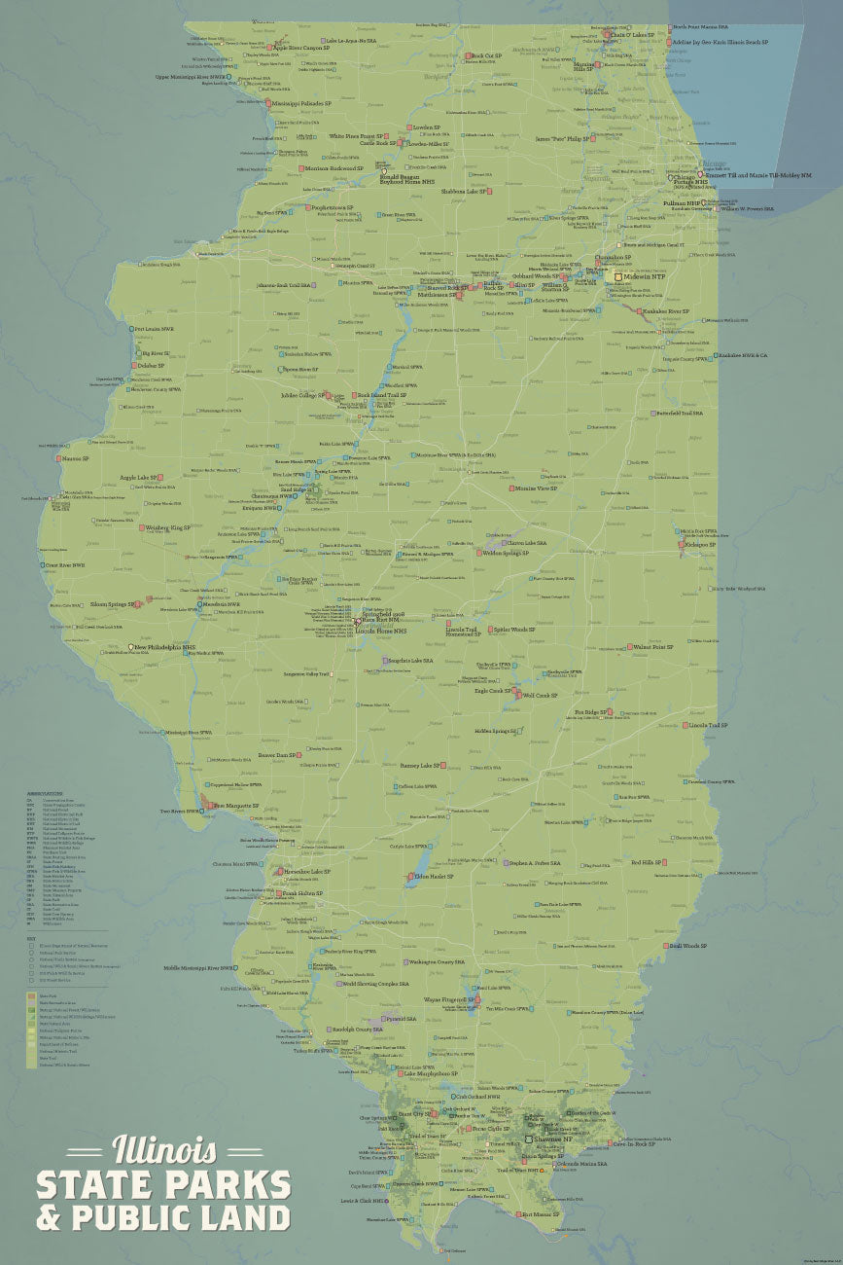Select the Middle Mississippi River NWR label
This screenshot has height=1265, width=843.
tap(196, 968)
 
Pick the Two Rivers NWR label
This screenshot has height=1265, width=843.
tap(179, 811)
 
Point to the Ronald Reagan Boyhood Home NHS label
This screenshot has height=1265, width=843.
tap(402, 180)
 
